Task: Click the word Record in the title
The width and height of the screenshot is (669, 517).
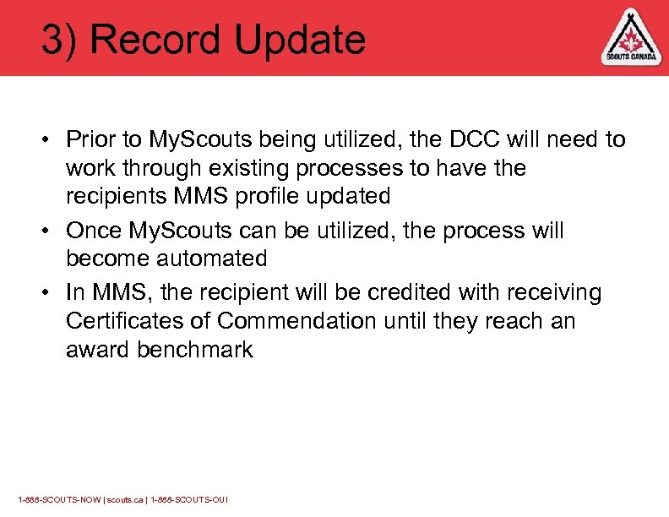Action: tap(153, 39)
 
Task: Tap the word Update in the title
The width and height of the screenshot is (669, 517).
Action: tap(296, 41)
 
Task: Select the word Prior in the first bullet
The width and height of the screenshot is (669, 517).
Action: tap(88, 139)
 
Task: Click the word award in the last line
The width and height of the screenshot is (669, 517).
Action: tap(95, 350)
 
